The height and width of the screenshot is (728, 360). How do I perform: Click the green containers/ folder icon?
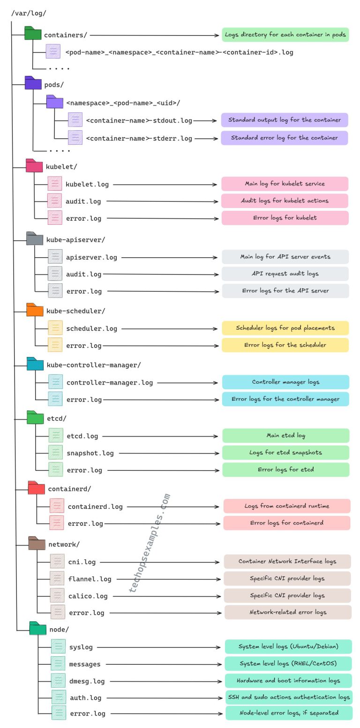tap(33, 33)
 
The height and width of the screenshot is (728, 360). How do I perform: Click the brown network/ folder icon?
tap(37, 543)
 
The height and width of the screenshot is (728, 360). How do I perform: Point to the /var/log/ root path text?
tap(29, 13)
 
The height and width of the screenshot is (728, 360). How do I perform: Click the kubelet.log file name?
tap(87, 184)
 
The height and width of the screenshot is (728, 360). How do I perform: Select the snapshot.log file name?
tap(90, 453)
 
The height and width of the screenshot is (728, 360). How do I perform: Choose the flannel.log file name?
tap(90, 579)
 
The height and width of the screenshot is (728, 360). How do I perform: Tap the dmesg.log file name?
tap(87, 681)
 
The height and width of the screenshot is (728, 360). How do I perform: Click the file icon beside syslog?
tap(58, 646)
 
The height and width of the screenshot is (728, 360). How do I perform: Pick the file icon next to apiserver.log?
tap(55, 256)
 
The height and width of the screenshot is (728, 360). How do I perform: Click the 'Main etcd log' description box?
tap(286, 436)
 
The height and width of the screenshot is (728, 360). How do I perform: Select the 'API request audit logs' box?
tap(285, 274)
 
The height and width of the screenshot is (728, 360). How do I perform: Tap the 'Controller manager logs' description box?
tap(285, 382)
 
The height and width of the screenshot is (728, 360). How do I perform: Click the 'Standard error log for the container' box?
tap(285, 138)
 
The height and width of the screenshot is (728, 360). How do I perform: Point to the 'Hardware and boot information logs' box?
tap(288, 680)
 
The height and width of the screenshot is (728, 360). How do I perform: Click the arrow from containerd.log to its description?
tap(173, 507)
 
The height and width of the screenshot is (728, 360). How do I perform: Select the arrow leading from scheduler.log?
tap(169, 328)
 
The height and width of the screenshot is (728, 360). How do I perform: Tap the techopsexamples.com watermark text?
tap(150, 543)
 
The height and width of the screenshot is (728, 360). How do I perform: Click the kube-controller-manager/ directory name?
tap(94, 365)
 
